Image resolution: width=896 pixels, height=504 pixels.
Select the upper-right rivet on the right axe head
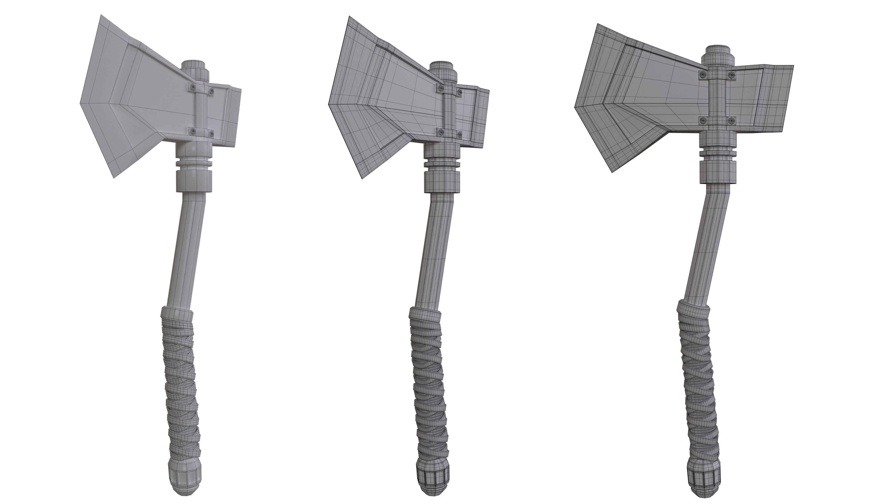tap(732, 74)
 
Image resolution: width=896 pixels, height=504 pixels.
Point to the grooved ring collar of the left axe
tap(194, 164)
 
